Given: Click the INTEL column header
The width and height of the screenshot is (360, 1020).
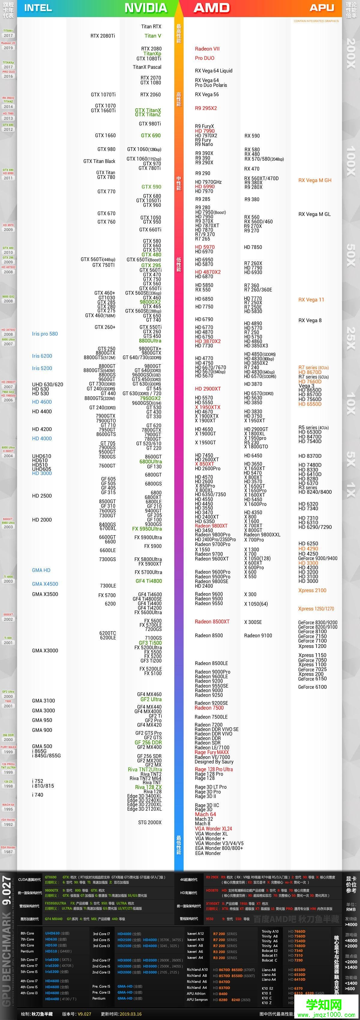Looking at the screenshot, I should [38, 8].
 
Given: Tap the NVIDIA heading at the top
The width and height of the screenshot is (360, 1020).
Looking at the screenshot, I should [146, 8].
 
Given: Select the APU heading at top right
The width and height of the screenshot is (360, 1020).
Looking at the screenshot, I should [322, 7].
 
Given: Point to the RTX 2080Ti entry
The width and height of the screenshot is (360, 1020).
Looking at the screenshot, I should [103, 36].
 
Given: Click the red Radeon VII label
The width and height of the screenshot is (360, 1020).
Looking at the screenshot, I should [207, 49].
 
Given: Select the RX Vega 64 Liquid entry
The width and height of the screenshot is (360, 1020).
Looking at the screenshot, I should [214, 70].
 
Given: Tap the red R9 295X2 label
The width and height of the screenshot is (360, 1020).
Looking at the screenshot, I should [205, 108].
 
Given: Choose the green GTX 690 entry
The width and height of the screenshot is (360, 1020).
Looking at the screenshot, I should [151, 135].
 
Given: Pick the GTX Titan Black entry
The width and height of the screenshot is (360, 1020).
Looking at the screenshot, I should [99, 161].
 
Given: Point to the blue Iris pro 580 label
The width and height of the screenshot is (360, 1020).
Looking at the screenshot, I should [45, 334].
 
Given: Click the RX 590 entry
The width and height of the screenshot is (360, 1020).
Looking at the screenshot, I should [252, 136].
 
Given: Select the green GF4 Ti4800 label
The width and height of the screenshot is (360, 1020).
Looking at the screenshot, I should [148, 581].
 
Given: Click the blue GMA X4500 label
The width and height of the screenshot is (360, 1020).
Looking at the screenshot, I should [45, 584].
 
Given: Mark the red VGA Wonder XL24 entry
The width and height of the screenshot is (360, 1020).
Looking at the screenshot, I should [213, 829].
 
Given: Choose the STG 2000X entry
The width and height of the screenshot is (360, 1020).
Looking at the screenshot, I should [150, 822].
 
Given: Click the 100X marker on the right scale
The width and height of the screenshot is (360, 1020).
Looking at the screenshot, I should [350, 162].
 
